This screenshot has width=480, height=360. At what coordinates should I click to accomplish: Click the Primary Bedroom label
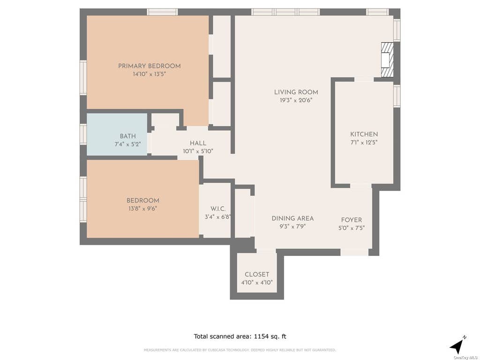pyautogui.click(x=150, y=66)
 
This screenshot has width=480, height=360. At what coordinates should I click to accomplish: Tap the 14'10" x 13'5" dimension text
pyautogui.click(x=150, y=74)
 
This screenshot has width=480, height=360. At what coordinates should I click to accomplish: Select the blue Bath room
pyautogui.click(x=117, y=135)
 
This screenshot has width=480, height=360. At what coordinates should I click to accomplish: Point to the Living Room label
pyautogui.click(x=296, y=92)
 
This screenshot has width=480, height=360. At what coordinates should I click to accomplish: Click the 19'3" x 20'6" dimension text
pyautogui.click(x=296, y=100)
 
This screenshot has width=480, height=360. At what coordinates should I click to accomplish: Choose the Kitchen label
pyautogui.click(x=364, y=134)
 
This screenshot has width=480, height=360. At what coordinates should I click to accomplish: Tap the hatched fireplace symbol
pyautogui.click(x=387, y=60)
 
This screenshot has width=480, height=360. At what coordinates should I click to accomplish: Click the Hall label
pyautogui.click(x=198, y=143)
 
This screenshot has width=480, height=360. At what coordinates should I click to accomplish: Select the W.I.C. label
pyautogui.click(x=218, y=209)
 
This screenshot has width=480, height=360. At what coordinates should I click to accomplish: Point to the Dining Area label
pyautogui.click(x=292, y=218)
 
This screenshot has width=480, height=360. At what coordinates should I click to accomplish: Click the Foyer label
pyautogui.click(x=352, y=220)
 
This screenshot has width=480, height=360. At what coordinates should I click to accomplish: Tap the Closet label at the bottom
pyautogui.click(x=257, y=275)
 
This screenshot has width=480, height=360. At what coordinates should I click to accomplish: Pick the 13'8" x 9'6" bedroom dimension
pyautogui.click(x=142, y=209)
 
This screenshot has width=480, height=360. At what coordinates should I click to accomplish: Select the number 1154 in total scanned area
pyautogui.click(x=262, y=337)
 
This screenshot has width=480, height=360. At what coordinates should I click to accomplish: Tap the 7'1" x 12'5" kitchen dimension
pyautogui.click(x=364, y=142)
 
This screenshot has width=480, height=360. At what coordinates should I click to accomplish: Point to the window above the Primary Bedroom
pyautogui.click(x=162, y=12)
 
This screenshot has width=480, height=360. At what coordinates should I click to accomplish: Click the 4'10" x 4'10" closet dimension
pyautogui.click(x=257, y=283)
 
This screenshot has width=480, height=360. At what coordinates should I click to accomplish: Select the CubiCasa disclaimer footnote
pyautogui.click(x=240, y=350)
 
